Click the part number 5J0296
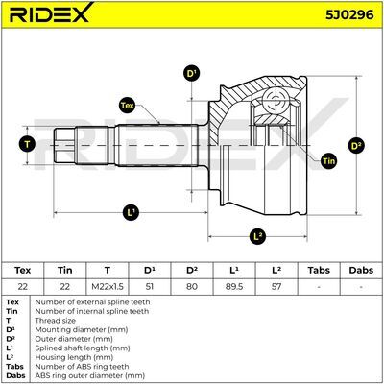coord(349,14)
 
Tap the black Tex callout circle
coord(127,106)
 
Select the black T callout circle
coord(27,145)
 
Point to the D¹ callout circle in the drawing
coord(191,74)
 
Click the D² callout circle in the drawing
coord(356,146)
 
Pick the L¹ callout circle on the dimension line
coord(131,212)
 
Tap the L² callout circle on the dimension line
coord(257,236)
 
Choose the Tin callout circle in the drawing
coord(328,161)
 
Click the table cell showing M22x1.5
coord(108,286)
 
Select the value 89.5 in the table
coord(234,286)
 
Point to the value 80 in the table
coord(192,286)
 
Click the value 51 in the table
coord(149,286)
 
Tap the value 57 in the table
coord(276,286)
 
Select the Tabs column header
coord(319,271)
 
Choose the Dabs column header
coord(361,271)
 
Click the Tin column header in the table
coord(65,271)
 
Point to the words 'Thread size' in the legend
coord(56,321)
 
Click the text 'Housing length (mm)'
coord(74,357)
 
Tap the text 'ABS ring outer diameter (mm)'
coord(89,375)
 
